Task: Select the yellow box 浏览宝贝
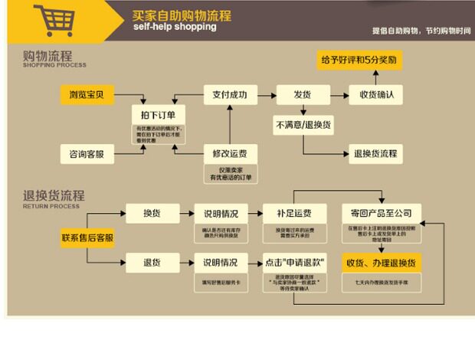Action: pyautogui.click(x=87, y=95)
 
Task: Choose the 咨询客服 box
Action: pyautogui.click(x=87, y=154)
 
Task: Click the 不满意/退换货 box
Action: pyautogui.click(x=303, y=123)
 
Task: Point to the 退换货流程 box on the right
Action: pyautogui.click(x=375, y=152)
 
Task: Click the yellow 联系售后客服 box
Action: pyautogui.click(x=87, y=238)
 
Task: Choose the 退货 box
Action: pyautogui.click(x=151, y=263)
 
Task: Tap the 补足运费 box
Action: pyautogui.click(x=293, y=213)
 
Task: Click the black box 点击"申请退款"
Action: pyautogui.click(x=293, y=263)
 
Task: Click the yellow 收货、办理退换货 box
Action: pyautogui.click(x=381, y=263)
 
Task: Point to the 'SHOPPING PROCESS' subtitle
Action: pyautogui.click(x=54, y=66)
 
